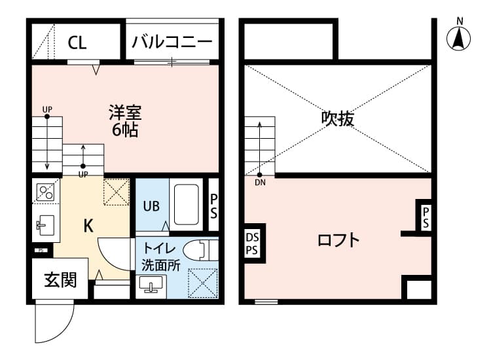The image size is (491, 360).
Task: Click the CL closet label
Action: click(x=77, y=43)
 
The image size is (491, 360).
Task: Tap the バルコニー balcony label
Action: click(x=172, y=43)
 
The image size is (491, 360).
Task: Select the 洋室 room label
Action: click(x=124, y=112)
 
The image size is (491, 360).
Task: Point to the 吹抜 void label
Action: click(x=338, y=118)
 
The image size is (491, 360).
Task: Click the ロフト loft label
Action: click(x=338, y=240)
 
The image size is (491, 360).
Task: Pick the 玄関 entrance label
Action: click(x=60, y=280)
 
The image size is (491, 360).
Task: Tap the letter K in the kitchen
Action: click(x=88, y=226)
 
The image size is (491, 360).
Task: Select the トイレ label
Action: click(x=159, y=249)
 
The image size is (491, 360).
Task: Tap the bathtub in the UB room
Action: click(x=187, y=204)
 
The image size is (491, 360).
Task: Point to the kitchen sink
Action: click(x=46, y=226)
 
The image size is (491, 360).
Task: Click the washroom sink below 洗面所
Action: click(x=152, y=285)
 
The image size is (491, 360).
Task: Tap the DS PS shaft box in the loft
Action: click(x=253, y=243)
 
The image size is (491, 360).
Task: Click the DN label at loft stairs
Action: click(x=260, y=183)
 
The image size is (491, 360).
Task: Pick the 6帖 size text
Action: click(x=124, y=130)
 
